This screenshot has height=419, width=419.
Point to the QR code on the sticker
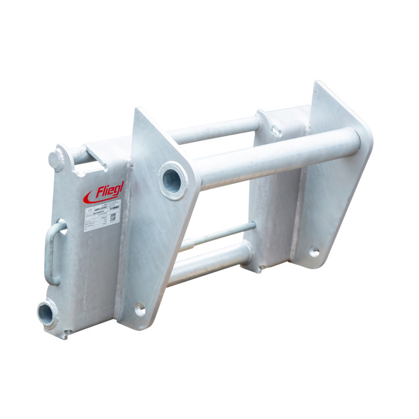[x=113, y=218]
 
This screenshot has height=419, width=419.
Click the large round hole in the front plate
[x=172, y=180]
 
